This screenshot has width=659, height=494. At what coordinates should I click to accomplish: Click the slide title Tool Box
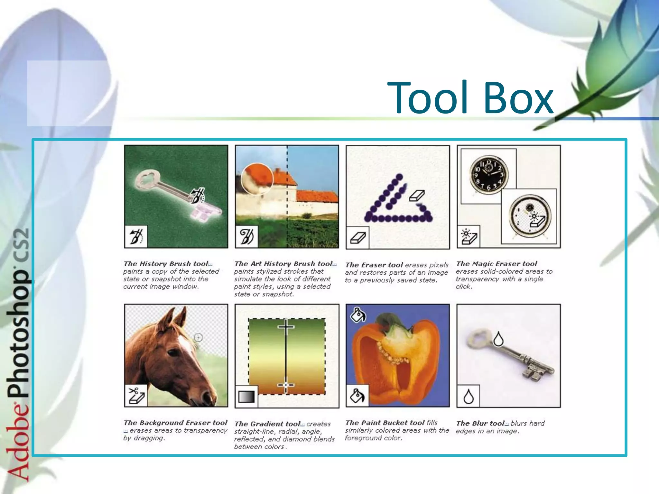[470, 98]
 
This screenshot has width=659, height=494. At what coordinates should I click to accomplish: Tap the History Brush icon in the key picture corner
[136, 236]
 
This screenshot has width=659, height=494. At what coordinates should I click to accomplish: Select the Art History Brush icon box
[246, 236]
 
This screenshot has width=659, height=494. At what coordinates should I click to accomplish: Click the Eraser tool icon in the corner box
[357, 238]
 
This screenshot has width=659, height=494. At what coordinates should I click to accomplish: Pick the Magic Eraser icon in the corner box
[469, 236]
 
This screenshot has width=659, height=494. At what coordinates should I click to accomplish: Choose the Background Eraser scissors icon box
[136, 395]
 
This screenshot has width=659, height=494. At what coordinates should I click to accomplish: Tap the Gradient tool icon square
[246, 396]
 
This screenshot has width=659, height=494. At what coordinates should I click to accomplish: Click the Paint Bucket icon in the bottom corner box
[357, 395]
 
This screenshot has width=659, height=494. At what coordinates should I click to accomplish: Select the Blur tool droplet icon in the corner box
[469, 396]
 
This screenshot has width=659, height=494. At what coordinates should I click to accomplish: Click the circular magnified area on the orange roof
[257, 179]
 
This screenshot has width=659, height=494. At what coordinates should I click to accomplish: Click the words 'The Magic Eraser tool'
[497, 264]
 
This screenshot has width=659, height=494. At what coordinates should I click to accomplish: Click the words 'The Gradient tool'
[267, 424]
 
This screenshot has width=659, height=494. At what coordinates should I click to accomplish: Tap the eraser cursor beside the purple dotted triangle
[417, 195]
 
